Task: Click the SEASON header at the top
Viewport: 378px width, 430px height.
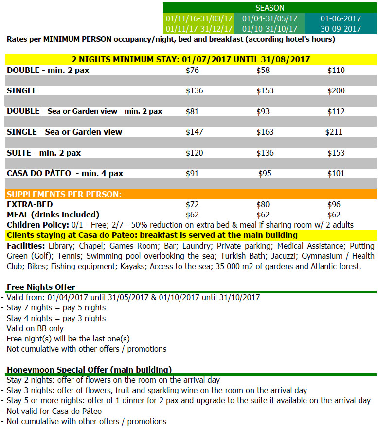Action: coord(270,8)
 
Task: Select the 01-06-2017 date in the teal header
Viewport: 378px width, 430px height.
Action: coord(341,18)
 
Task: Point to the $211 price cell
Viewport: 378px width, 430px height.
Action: coord(334,132)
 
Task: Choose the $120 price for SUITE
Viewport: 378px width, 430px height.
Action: coord(195,153)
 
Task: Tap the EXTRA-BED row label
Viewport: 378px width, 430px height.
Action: coord(30,205)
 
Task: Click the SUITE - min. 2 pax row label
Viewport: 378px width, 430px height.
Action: coord(44,153)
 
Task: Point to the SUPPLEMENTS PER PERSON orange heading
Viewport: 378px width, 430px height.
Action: coord(64,194)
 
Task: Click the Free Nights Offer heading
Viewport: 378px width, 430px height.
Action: coord(41,287)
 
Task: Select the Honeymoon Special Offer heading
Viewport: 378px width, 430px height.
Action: coord(89,370)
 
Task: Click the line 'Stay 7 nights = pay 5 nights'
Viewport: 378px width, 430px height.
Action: coord(56,308)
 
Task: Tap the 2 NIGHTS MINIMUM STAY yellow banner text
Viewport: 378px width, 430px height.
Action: coord(191,60)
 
